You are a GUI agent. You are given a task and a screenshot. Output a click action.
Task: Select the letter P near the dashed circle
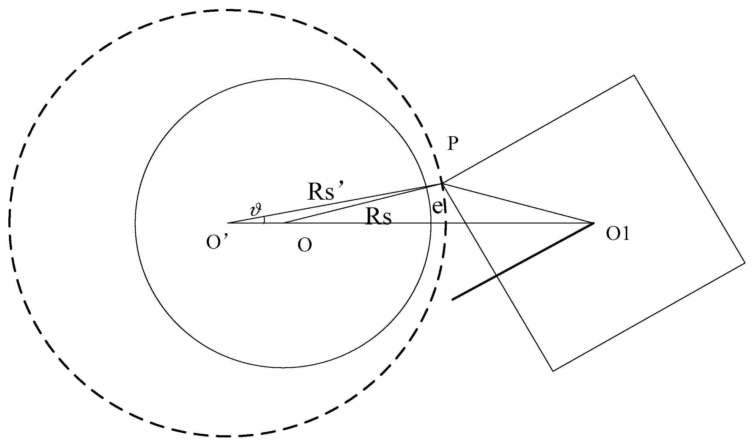(x=452, y=144)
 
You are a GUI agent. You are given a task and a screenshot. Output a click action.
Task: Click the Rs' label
(x=322, y=192)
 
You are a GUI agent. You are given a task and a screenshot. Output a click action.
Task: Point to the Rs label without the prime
(x=378, y=217)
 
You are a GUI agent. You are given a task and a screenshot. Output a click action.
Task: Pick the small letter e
(x=438, y=207)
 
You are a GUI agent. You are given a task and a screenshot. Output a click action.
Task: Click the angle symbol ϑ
(x=256, y=210)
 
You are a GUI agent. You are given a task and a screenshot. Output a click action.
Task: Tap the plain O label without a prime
(x=305, y=245)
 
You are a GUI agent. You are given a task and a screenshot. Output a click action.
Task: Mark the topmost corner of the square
(x=634, y=75)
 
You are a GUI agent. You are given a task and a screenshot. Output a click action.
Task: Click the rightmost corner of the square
(x=745, y=263)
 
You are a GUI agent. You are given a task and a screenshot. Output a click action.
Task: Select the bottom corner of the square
(x=553, y=371)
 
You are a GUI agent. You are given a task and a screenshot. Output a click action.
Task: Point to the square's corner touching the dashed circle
(x=443, y=184)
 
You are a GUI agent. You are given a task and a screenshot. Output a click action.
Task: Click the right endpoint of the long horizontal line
(x=594, y=223)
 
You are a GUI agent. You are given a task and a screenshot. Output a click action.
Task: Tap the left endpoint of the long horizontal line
(x=228, y=223)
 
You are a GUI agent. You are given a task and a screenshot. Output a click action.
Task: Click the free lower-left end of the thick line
(x=452, y=299)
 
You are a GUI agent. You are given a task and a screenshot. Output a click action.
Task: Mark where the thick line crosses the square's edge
(x=496, y=275)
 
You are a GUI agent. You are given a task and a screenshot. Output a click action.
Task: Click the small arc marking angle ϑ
(x=264, y=219)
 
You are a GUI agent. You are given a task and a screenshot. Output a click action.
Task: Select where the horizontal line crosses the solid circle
(x=431, y=223)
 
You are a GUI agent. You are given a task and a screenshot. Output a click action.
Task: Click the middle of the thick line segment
(x=523, y=261)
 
